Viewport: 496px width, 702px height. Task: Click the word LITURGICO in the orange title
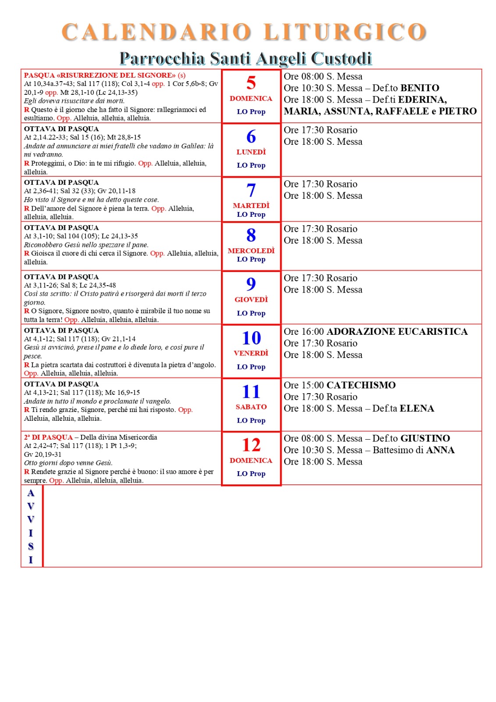click(x=345, y=32)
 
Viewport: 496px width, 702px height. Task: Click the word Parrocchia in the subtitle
click(x=162, y=58)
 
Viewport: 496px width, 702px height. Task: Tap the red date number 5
click(x=251, y=82)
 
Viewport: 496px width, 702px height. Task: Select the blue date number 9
click(x=251, y=283)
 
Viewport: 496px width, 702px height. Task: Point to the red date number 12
click(x=251, y=445)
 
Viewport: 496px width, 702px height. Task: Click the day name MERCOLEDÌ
click(x=251, y=251)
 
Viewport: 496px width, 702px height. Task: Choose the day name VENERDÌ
click(x=251, y=353)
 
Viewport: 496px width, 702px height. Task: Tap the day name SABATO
click(x=251, y=407)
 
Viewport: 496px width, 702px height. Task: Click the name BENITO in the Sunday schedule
click(x=420, y=88)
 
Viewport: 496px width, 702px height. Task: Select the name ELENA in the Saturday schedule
click(x=417, y=408)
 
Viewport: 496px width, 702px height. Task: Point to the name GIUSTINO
click(x=425, y=438)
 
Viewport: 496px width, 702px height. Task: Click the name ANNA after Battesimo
click(x=440, y=450)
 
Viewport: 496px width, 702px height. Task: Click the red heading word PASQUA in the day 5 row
click(x=39, y=75)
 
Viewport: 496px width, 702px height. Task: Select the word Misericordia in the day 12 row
click(x=137, y=437)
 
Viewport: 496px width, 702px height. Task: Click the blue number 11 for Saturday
click(x=251, y=391)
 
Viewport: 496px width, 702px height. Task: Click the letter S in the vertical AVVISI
click(x=31, y=546)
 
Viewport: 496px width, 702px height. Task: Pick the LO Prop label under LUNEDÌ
click(x=251, y=165)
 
